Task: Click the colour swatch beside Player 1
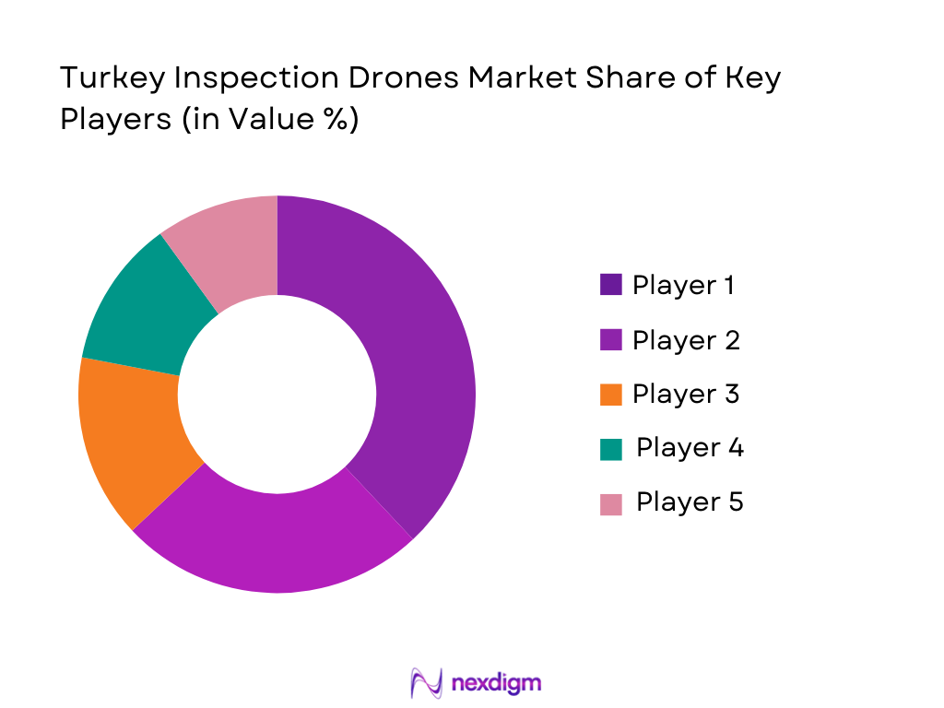610,285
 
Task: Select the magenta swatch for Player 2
610,340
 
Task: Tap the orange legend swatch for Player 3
610,395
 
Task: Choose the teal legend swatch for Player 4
610,449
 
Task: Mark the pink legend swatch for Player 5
610,503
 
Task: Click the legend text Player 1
683,285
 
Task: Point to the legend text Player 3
686,395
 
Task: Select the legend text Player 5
690,502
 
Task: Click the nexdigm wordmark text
497,683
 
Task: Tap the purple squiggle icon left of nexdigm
427,683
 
